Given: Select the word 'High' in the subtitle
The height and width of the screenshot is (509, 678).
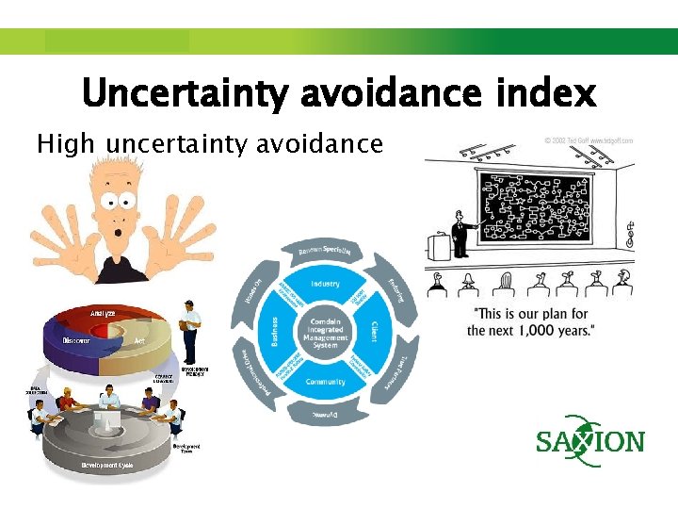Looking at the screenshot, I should (x=65, y=144).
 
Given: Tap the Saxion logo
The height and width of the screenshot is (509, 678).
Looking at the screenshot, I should (x=590, y=440).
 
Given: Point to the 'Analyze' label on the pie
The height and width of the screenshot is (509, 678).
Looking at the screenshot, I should (x=104, y=312).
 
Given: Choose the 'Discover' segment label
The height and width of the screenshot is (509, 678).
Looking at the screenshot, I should (x=76, y=340).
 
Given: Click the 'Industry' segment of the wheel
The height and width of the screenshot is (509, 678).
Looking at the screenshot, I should (x=325, y=284).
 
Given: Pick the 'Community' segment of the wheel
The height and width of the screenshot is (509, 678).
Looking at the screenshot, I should (x=325, y=382).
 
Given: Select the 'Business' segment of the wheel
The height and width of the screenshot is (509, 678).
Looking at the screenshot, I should (x=276, y=333).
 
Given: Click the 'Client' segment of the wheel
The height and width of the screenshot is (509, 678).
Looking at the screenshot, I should (x=374, y=333).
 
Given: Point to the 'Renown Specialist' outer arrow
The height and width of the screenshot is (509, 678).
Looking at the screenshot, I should (x=325, y=251).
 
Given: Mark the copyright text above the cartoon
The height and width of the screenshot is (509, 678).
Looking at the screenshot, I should (x=588, y=140).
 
